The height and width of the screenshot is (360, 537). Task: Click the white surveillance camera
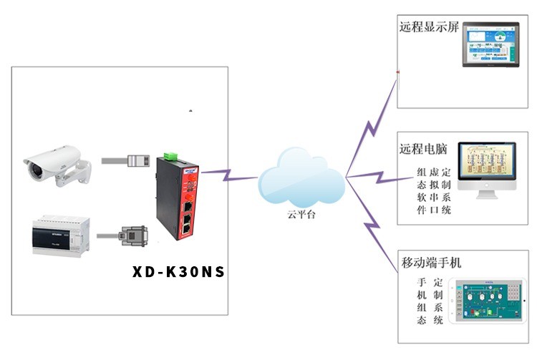[57, 163]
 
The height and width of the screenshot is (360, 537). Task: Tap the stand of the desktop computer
[488, 195]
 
